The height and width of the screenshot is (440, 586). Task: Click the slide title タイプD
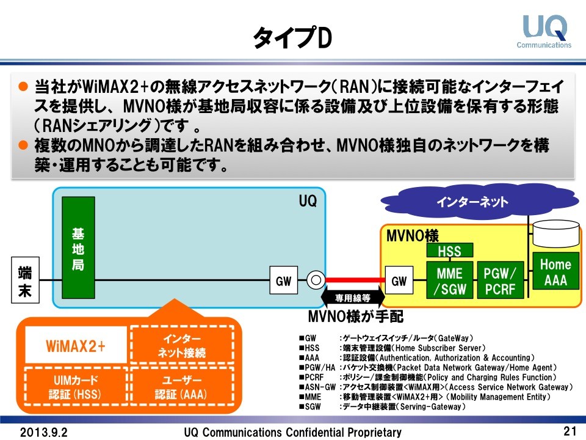292,38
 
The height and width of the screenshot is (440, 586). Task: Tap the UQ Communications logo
544,31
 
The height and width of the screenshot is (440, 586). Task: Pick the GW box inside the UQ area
284,281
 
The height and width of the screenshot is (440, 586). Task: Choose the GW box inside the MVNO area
399,281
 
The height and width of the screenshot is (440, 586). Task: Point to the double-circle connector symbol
316,281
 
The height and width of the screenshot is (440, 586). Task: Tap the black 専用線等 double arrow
352,299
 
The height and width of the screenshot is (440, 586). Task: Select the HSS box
449,251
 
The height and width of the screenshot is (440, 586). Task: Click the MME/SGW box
449,280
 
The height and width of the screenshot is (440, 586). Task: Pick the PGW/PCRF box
500,280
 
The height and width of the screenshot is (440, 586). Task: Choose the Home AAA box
555,273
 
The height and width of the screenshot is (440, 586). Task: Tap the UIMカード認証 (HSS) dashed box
76,387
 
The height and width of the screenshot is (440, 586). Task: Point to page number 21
570,431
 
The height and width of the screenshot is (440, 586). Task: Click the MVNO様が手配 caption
356,317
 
